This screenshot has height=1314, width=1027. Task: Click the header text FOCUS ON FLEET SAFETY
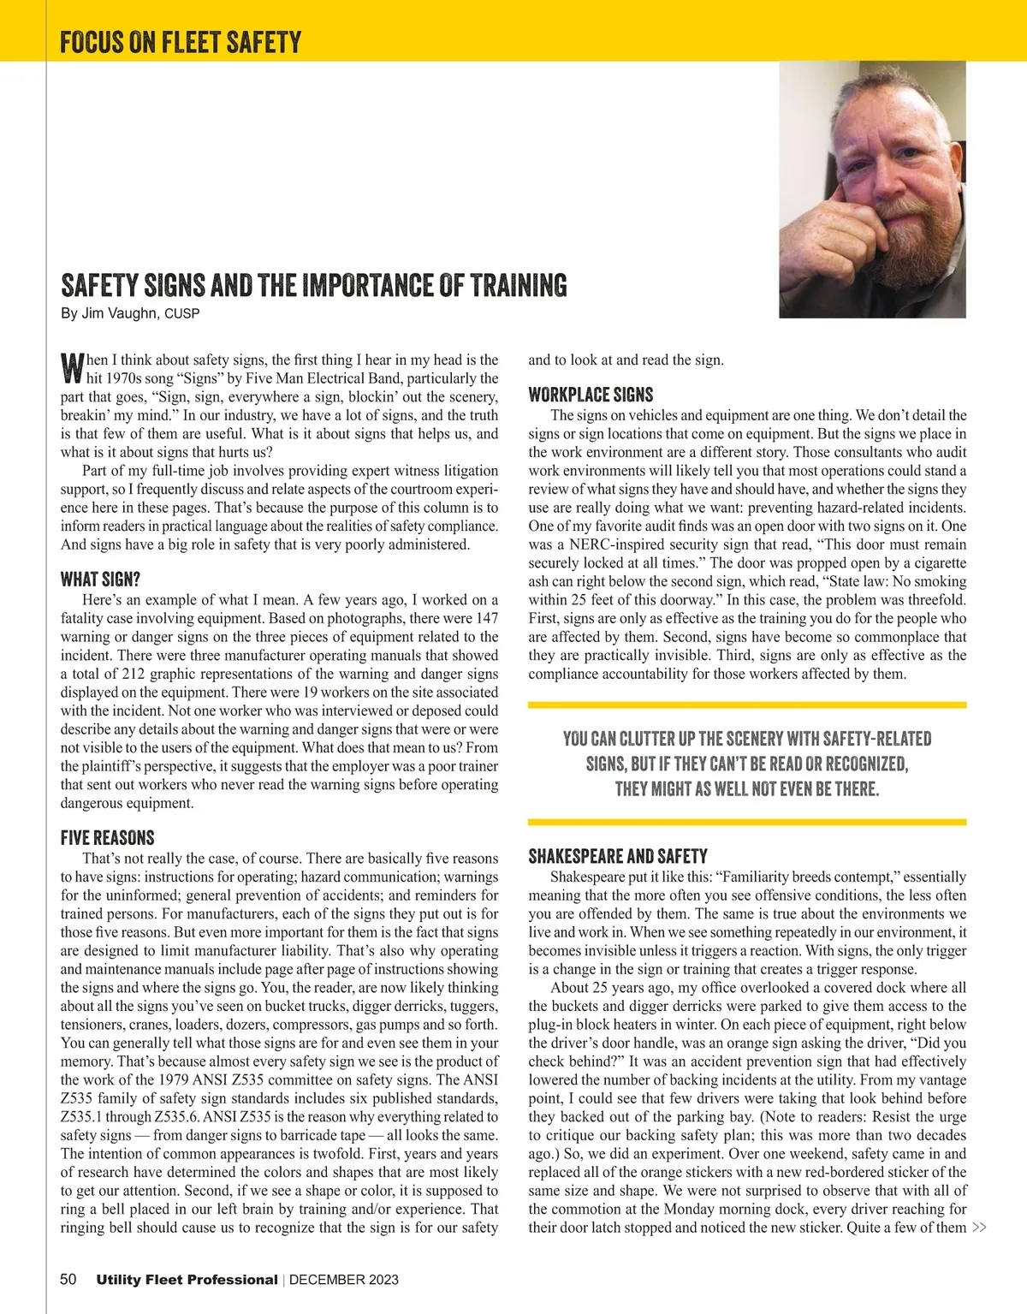pos(181,42)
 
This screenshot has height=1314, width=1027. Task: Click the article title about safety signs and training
pos(313,285)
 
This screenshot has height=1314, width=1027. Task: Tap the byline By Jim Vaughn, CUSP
pos(130,313)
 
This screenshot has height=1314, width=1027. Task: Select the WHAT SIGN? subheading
pos(100,580)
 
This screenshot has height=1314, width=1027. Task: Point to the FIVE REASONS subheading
pos(107,837)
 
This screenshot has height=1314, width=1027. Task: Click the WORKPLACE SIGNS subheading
pos(591,395)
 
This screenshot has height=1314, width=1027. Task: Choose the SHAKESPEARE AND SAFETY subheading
pos(618,856)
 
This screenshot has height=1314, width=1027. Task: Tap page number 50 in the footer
pos(68,1280)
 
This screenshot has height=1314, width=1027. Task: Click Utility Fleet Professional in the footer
pos(187,1280)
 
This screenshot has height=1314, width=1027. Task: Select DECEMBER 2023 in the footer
pos(344,1280)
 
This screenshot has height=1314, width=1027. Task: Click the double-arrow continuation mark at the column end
pos(980,1228)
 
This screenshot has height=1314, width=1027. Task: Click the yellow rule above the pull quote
pos(747,705)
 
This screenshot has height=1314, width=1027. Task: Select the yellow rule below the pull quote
pos(747,822)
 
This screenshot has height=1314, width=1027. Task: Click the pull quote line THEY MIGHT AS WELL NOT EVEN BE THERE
pos(747,788)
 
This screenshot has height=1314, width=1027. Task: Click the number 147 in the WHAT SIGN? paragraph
pos(486,618)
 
